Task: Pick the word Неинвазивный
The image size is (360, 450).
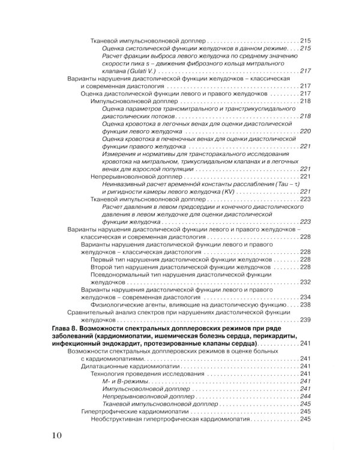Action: (x=125, y=184)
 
